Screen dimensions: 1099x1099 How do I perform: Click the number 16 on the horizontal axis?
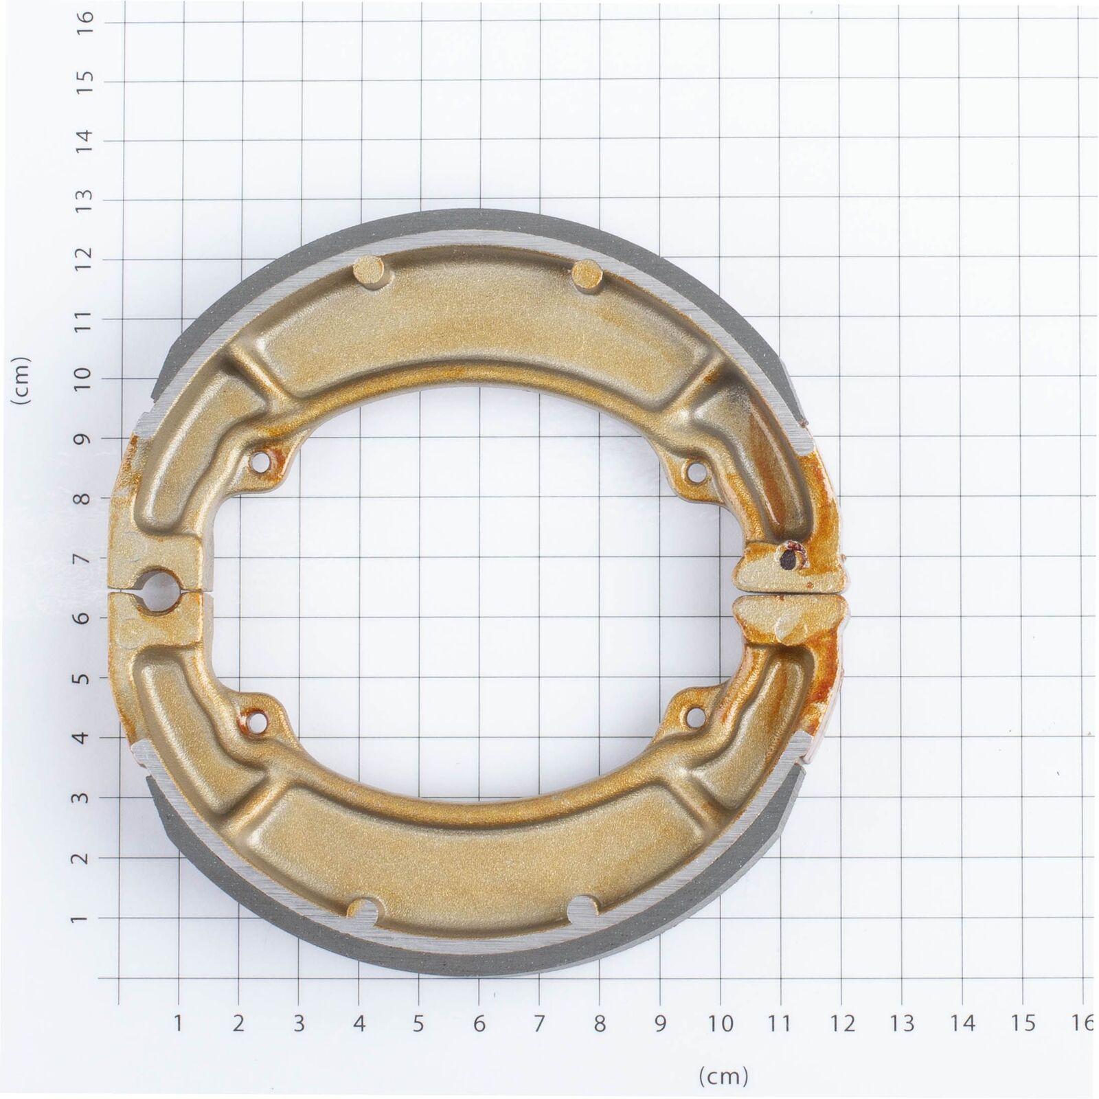(1083, 1023)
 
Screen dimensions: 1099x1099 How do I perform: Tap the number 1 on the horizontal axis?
(178, 1023)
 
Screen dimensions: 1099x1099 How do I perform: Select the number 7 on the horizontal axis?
(539, 1023)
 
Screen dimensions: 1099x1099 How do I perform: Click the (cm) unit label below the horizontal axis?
(724, 1074)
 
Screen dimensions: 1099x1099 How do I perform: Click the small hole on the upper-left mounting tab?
(260, 463)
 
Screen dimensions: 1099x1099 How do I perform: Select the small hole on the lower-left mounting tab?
(260, 720)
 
